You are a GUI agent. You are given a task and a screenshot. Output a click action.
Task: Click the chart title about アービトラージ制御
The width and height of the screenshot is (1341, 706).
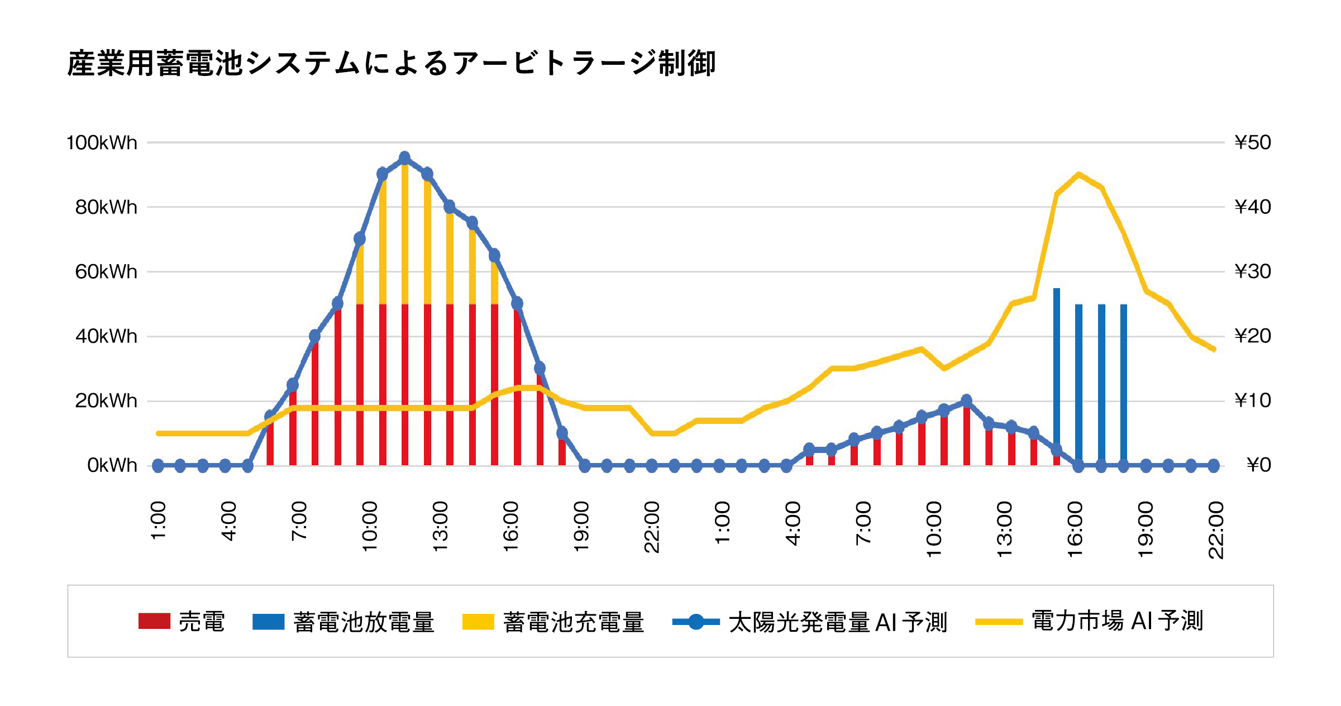pyautogui.click(x=391, y=63)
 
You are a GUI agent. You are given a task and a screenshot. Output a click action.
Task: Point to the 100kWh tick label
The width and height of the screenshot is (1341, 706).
pyautogui.click(x=102, y=143)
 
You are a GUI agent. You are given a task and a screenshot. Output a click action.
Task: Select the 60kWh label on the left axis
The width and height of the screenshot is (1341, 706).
pyautogui.click(x=106, y=272)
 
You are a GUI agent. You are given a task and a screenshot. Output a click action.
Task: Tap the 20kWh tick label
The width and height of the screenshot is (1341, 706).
pyautogui.click(x=106, y=401)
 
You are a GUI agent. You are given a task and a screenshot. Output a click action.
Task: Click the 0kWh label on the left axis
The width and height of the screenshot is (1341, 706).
pyautogui.click(x=112, y=465)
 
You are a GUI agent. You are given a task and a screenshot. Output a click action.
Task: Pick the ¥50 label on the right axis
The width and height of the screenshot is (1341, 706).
pyautogui.click(x=1253, y=142)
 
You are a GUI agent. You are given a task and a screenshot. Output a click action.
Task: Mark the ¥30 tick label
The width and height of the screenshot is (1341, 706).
pyautogui.click(x=1253, y=271)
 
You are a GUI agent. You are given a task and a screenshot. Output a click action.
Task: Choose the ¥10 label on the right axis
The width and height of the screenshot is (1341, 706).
pyautogui.click(x=1253, y=400)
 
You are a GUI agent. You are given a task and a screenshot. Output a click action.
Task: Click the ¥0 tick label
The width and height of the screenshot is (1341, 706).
pyautogui.click(x=1258, y=465)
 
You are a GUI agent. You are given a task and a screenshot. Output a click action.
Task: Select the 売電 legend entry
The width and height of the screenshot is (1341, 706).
pyautogui.click(x=182, y=622)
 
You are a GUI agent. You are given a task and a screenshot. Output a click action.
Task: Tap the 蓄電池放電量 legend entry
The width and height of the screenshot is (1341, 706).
pyautogui.click(x=343, y=622)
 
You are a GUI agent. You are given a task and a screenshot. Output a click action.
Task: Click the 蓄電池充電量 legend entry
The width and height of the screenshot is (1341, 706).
pyautogui.click(x=553, y=622)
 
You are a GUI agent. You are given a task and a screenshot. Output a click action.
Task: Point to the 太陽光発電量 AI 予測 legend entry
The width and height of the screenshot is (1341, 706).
pyautogui.click(x=810, y=622)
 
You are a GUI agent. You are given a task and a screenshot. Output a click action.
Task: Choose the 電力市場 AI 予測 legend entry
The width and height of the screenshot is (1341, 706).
pyautogui.click(x=1089, y=621)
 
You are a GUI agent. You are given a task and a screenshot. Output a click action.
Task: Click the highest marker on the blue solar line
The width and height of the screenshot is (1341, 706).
pyautogui.click(x=405, y=158)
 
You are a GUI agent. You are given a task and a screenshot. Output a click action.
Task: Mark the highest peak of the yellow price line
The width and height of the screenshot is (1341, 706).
pyautogui.click(x=1078, y=174)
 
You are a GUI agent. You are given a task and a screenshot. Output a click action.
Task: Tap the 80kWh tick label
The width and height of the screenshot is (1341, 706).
pyautogui.click(x=106, y=207)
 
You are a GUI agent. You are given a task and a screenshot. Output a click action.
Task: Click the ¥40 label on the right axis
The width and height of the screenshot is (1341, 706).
pyautogui.click(x=1253, y=207)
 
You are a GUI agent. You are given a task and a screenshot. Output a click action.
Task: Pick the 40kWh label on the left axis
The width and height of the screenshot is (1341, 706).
pyautogui.click(x=106, y=336)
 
